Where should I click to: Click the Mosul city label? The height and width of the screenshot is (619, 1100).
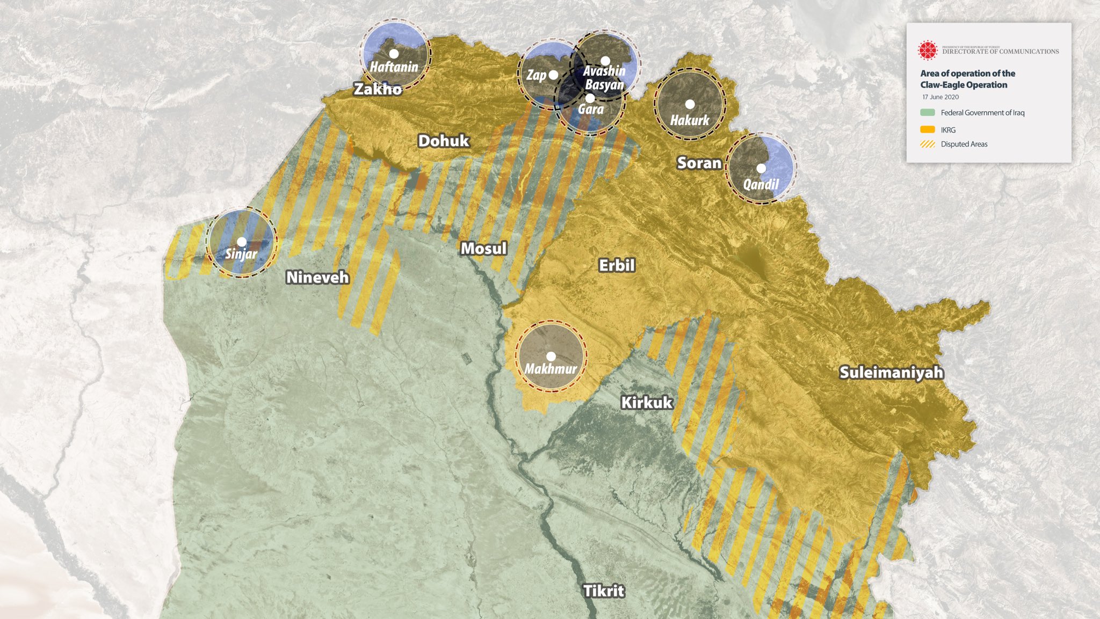click(483, 249)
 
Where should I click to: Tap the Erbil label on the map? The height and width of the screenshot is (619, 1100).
click(617, 265)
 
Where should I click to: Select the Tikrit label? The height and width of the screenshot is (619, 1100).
click(604, 591)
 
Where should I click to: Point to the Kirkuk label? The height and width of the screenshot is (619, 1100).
click(647, 403)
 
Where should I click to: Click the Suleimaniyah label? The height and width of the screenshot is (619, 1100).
click(891, 373)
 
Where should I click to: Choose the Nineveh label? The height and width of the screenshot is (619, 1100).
click(317, 278)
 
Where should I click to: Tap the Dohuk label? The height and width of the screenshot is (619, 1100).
click(444, 141)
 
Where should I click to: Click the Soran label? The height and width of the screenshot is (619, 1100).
click(699, 163)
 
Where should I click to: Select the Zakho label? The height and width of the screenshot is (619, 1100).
click(378, 89)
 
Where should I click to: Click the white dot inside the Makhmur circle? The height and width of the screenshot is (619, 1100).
click(551, 356)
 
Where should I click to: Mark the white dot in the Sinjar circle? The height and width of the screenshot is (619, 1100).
click(242, 242)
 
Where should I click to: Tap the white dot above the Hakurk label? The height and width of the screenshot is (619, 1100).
click(690, 104)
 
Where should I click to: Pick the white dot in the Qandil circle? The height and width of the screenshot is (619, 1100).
click(761, 168)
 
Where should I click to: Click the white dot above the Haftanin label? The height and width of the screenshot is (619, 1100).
click(394, 54)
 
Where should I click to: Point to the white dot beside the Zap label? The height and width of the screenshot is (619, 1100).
click(553, 75)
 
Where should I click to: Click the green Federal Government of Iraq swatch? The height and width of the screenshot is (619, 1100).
click(928, 113)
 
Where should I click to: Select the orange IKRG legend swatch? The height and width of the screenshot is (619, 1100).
click(928, 129)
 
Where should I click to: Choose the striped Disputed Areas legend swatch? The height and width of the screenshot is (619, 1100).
click(928, 144)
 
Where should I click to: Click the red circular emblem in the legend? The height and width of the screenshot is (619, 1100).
click(927, 50)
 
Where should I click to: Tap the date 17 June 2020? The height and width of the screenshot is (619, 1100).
click(940, 97)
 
